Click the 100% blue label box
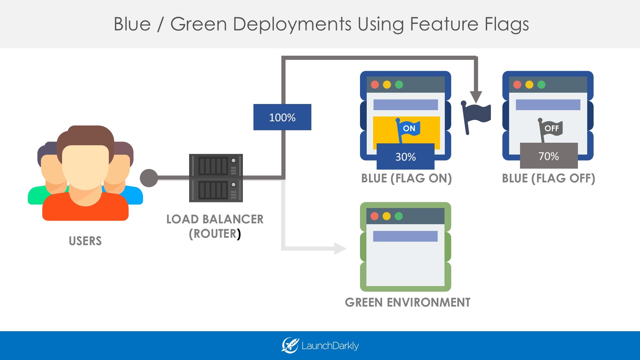[282, 117]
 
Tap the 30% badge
[405, 156]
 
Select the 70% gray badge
[548, 156]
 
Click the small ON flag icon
[408, 129]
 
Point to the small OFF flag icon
[550, 129]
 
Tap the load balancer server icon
[216, 178]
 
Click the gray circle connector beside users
[149, 178]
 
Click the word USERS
[85, 241]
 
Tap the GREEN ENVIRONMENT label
[407, 302]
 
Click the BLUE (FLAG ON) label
[406, 178]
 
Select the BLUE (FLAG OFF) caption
[548, 178]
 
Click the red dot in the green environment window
[374, 216]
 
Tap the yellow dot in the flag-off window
[529, 84]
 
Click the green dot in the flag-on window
[399, 84]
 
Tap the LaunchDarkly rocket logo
[290, 345]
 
